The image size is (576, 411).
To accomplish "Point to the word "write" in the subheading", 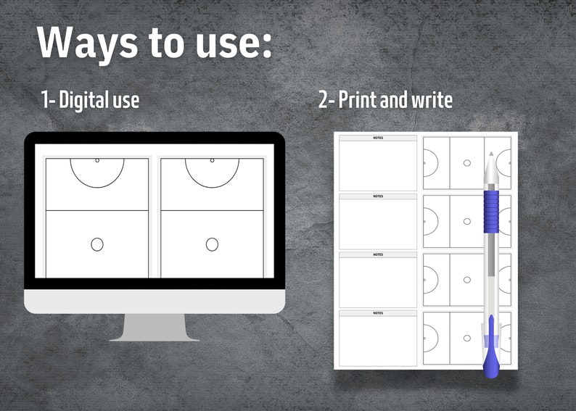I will pyautogui.click(x=432, y=99).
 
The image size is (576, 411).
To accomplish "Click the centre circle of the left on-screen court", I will pyautogui.click(x=97, y=244).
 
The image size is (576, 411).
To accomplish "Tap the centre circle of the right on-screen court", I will pyautogui.click(x=212, y=244).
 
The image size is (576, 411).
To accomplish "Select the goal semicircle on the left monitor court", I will pyautogui.click(x=97, y=172).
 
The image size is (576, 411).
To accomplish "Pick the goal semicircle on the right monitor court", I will pyautogui.click(x=212, y=172).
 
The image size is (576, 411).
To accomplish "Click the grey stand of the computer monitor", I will pyautogui.click(x=155, y=328).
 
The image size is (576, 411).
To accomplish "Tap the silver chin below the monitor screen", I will pyautogui.click(x=155, y=302).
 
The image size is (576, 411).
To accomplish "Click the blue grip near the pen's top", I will pyautogui.click(x=490, y=210).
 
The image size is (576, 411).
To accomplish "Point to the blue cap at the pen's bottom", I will pyautogui.click(x=491, y=355).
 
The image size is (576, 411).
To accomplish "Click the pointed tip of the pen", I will pyautogui.click(x=490, y=154).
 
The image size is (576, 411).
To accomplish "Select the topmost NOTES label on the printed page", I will pyautogui.click(x=378, y=138).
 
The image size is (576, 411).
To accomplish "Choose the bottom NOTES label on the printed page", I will pyautogui.click(x=378, y=313).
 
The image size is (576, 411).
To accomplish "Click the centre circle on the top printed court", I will pyautogui.click(x=466, y=163).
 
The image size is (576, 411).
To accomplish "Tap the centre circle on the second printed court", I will pyautogui.click(x=466, y=221).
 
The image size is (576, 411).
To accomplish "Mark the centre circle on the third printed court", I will pyautogui.click(x=466, y=279).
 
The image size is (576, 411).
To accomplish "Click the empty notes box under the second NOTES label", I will pyautogui.click(x=378, y=224).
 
